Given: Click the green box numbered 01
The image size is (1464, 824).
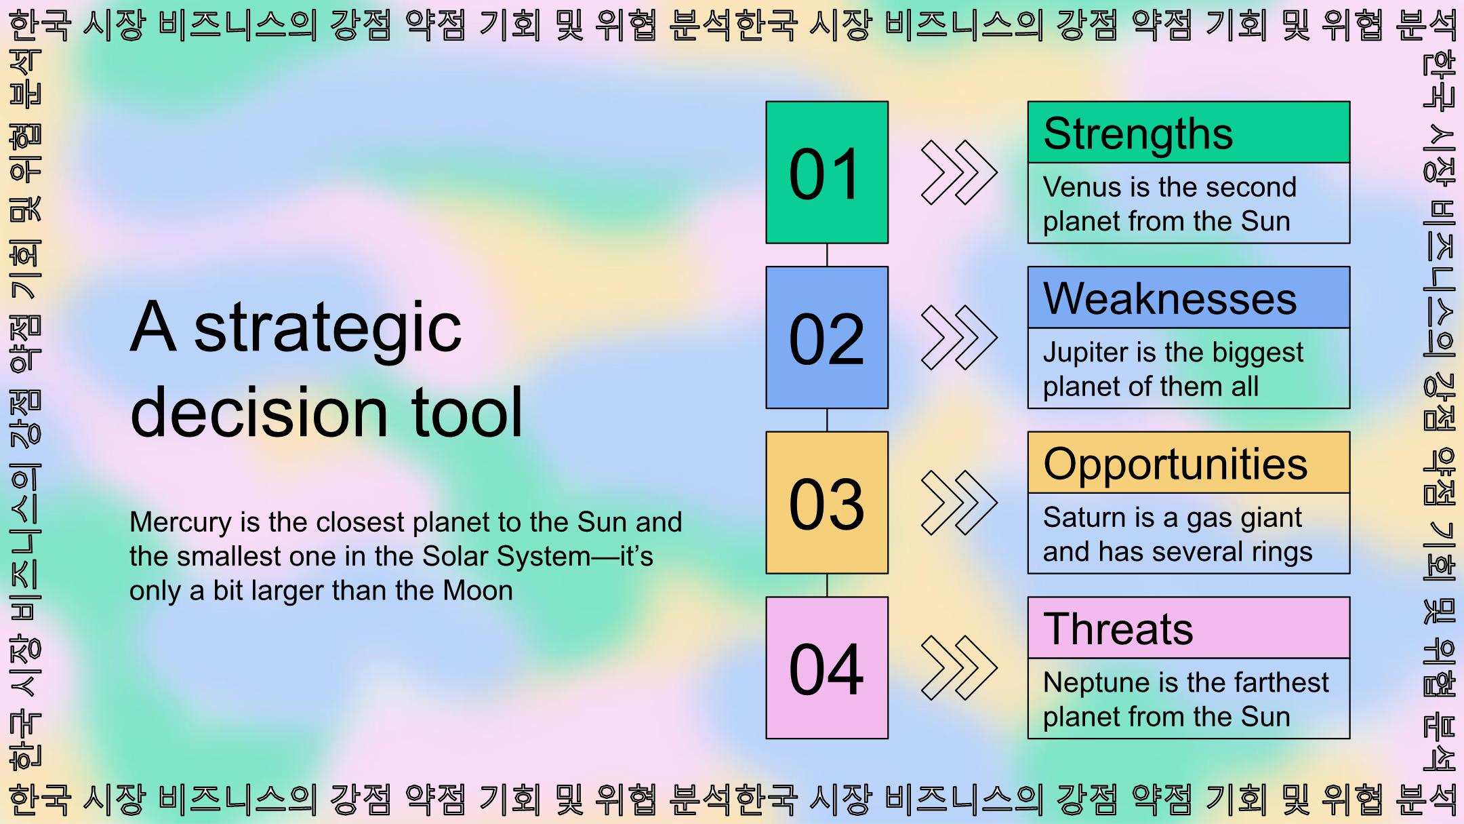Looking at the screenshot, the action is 827,172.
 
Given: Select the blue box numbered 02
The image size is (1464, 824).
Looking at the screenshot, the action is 827,337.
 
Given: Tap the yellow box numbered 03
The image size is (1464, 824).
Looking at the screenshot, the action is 827,503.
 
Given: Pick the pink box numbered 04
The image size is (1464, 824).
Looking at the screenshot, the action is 827,668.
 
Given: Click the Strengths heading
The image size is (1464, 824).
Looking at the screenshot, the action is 1138,134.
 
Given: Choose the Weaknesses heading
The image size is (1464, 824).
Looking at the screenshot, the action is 1170,298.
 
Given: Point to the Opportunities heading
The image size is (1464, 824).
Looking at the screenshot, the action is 1175,465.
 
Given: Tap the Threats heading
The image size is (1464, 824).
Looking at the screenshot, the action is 1118,629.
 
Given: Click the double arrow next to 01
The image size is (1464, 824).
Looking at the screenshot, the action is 959,172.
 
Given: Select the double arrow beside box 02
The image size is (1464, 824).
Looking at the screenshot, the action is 959,337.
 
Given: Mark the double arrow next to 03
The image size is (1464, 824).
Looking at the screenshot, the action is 959,503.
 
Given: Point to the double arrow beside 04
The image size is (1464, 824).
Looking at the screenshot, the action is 959,668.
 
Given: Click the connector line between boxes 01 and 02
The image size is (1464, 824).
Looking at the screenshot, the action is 827,255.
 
